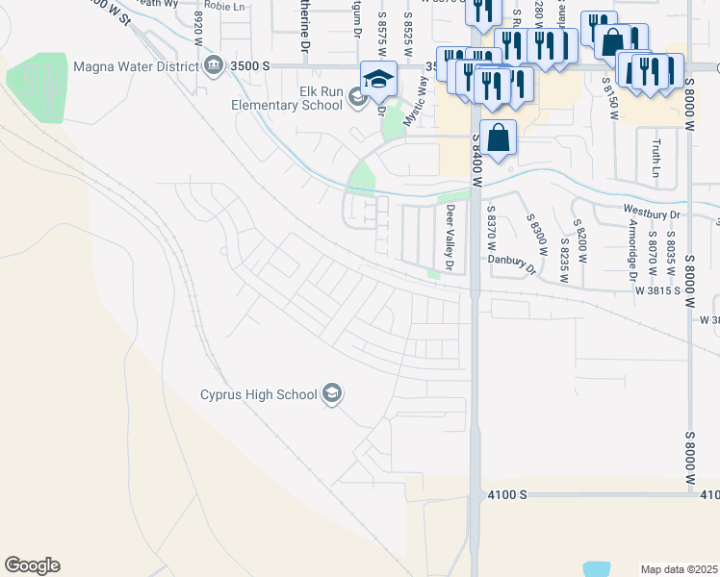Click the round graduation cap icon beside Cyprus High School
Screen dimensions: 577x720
click(x=333, y=393)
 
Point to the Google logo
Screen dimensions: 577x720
click(x=32, y=565)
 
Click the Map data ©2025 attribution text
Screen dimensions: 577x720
click(x=680, y=569)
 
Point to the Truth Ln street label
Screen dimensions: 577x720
click(x=656, y=159)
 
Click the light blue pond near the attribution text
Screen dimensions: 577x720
click(x=596, y=570)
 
